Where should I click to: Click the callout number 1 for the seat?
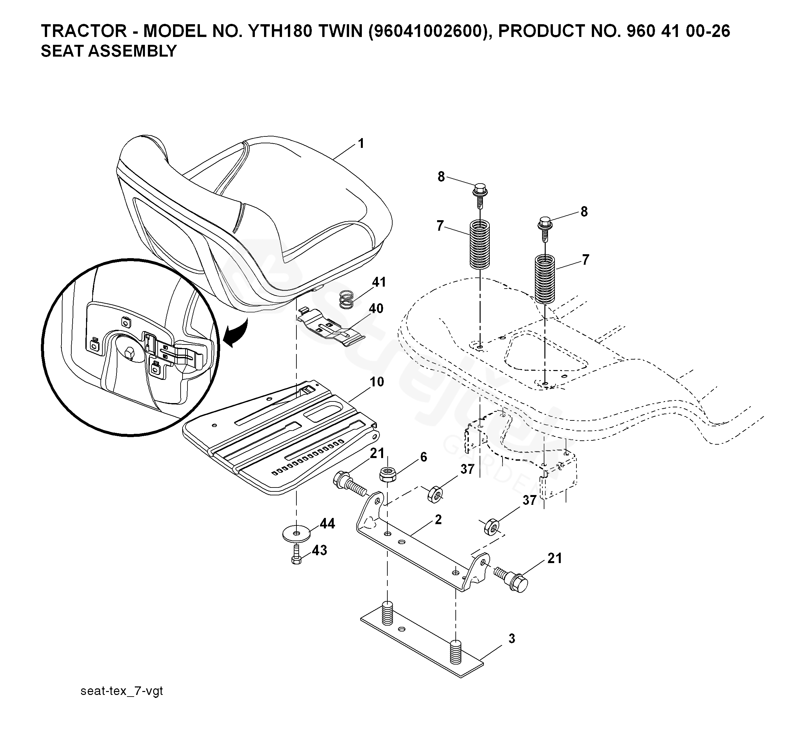point(361,143)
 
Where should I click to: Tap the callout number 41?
point(379,282)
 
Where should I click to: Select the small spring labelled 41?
point(347,300)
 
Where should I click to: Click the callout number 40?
point(376,309)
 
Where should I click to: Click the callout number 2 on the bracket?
point(438,520)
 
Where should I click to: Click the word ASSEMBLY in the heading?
point(134,51)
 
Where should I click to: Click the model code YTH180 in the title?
point(280,31)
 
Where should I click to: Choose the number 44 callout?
point(327,523)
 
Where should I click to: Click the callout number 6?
point(423,457)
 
